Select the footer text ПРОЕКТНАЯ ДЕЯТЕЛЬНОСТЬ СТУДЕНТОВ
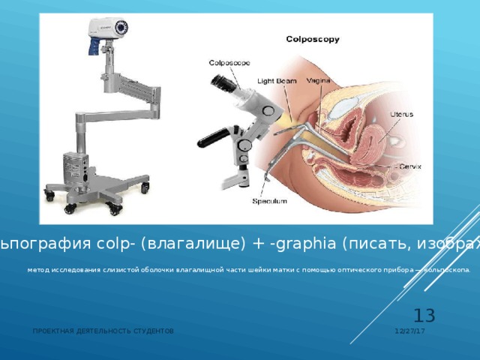(103, 331)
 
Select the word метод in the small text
(37, 271)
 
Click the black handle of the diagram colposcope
(213, 136)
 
